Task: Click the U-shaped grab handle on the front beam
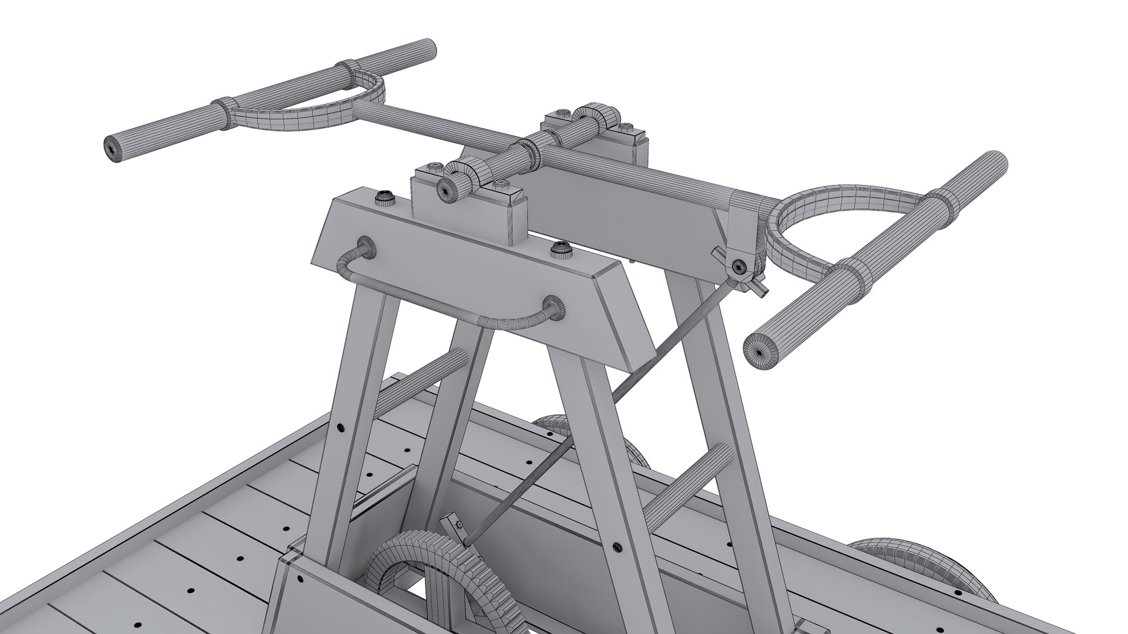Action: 446,311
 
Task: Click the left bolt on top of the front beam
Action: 386,198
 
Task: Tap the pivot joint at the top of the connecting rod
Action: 739,267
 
